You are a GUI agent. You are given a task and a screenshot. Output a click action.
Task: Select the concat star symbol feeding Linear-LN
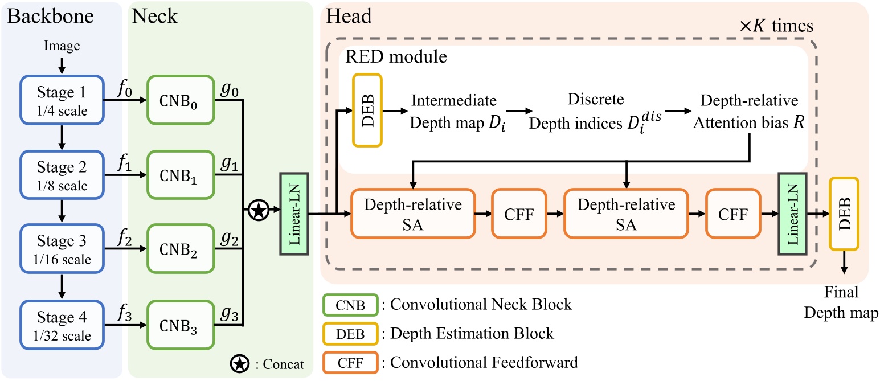[258, 212]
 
